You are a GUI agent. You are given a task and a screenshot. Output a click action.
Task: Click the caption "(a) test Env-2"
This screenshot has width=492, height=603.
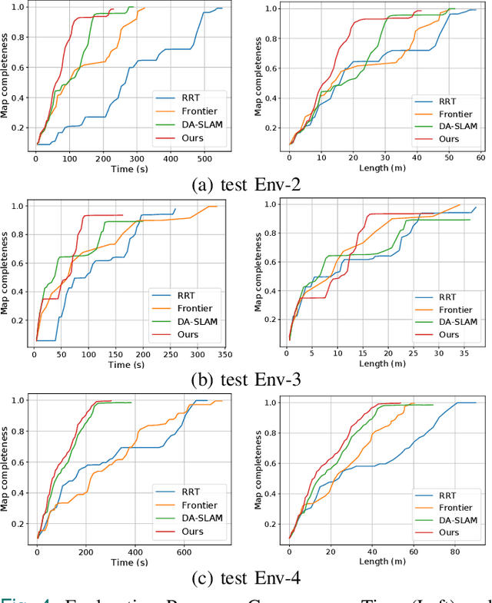(247, 184)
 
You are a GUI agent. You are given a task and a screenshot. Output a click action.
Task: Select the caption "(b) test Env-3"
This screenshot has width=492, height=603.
(247, 379)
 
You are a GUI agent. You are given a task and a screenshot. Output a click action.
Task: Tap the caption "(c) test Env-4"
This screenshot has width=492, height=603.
(247, 576)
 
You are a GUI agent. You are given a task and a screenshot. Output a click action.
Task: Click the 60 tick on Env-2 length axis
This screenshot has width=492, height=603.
(480, 157)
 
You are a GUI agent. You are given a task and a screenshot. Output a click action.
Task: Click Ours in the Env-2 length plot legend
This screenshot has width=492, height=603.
(449, 139)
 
